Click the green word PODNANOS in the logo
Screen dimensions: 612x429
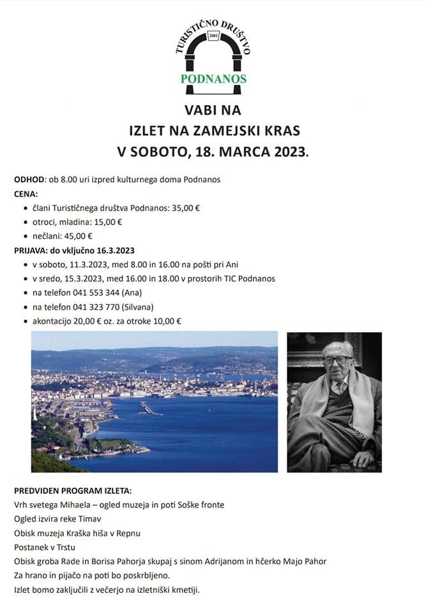pyautogui.click(x=214, y=79)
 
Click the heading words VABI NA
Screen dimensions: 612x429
pyautogui.click(x=214, y=110)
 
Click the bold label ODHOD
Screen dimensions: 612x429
pyautogui.click(x=29, y=179)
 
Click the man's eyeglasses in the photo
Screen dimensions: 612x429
pyautogui.click(x=336, y=359)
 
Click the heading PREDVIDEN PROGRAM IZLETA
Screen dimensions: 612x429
pyautogui.click(x=73, y=491)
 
